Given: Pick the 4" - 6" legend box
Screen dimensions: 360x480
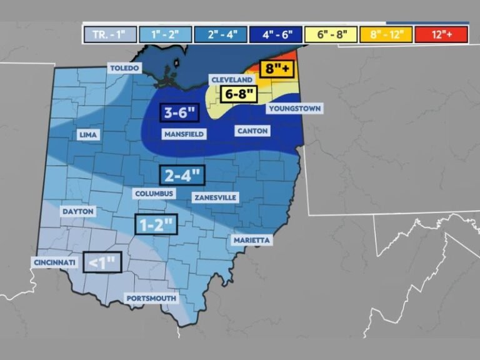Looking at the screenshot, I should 275,34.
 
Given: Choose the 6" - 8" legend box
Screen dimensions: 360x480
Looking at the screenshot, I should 330,34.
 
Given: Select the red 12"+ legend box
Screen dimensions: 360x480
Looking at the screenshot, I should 440,34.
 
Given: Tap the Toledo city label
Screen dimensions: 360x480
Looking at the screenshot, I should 124,67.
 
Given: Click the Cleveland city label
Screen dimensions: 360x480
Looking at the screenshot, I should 231,80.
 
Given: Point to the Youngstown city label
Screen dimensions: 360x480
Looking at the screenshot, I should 294,109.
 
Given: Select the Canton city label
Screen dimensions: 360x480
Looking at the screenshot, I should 252,131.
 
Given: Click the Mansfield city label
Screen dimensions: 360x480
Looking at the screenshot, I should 184,134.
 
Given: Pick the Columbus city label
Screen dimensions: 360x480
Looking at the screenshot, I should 154,194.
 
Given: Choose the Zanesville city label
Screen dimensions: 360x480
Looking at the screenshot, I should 216,197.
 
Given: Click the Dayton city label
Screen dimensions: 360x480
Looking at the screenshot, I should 78,212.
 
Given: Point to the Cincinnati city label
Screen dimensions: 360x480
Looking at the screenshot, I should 54,262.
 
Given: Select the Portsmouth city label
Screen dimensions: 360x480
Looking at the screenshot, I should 151,299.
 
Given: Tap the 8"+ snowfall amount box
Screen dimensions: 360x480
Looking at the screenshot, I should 275,70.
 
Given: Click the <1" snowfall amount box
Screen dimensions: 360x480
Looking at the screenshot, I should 102,262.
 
